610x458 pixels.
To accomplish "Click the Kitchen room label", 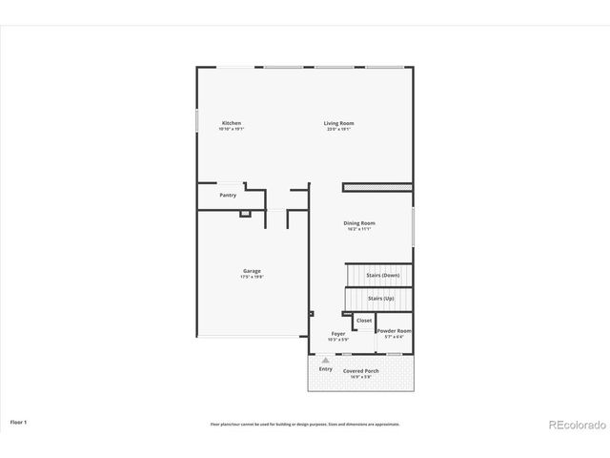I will coord(232,123).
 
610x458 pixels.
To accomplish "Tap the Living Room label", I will coord(339,123).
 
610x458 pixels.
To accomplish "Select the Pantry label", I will coord(228,196).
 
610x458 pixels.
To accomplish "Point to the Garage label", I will coord(252,271).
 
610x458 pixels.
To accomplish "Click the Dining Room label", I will coord(359,223).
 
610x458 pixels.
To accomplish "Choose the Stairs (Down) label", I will coord(383,276).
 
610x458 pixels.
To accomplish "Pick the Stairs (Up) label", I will coord(381,298).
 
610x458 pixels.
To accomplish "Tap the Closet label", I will coord(364,321).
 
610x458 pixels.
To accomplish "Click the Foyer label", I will coord(338,334).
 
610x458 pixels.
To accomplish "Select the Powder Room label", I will coord(395,331).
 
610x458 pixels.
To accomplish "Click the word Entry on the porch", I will coord(326,368).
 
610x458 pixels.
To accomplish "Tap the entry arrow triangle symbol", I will coord(325,360).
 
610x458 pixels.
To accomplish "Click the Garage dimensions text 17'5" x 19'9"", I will coord(252,277).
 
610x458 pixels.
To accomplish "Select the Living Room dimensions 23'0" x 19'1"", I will coord(339,129).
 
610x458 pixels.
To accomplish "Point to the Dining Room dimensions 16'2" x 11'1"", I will coord(359,229).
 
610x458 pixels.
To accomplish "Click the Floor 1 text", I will coord(19,421).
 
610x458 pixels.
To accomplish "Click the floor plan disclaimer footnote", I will coord(305,424).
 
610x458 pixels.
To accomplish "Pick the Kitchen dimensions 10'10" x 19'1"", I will coord(232,129).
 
